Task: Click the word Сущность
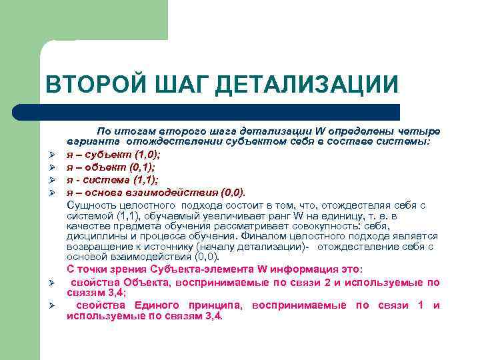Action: (91, 205)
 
